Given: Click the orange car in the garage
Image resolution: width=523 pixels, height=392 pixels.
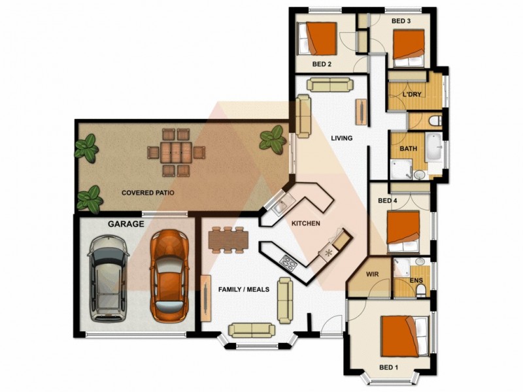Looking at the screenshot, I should [169, 275].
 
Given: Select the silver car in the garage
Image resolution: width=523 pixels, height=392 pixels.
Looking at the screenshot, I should [110, 278].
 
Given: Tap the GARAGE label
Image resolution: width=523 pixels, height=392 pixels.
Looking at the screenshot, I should [125, 224].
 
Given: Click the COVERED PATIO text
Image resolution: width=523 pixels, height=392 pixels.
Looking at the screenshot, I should [148, 193].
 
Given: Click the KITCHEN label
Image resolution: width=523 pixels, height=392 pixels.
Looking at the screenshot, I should [305, 224].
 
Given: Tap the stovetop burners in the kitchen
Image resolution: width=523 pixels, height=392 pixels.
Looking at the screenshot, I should [288, 263].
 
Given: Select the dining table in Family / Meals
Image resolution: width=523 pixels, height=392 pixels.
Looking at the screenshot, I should [229, 240].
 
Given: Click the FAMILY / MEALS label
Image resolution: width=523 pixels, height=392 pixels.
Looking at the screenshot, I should [244, 289].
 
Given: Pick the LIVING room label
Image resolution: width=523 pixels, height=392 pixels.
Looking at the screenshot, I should [341, 139].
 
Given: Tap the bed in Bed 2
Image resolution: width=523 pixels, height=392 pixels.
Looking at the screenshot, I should [317, 39].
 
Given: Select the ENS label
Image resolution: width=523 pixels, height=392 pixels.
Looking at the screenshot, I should [416, 280].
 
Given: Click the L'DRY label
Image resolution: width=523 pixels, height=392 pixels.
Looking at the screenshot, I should [411, 95].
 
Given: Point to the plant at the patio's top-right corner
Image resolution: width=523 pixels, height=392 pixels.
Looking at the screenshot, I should [271, 138].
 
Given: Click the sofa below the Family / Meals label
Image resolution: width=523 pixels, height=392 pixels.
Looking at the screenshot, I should [248, 330].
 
